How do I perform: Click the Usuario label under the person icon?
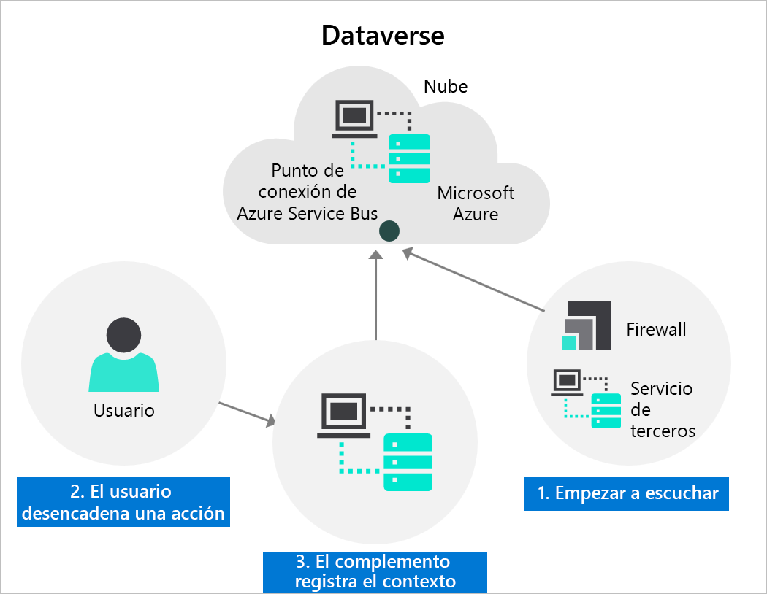click(x=124, y=410)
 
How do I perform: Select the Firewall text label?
click(x=656, y=329)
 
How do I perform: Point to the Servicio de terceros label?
click(x=662, y=409)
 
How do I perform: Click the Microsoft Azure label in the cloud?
click(x=476, y=204)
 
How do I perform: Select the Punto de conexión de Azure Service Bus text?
click(x=308, y=192)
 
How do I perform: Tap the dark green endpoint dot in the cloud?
click(x=389, y=232)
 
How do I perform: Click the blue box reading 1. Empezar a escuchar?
click(x=627, y=493)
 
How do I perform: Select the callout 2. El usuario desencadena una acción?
click(x=123, y=502)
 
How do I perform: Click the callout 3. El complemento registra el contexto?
click(x=375, y=571)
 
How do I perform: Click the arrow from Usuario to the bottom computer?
click(x=247, y=413)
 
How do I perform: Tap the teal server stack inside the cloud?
click(x=409, y=158)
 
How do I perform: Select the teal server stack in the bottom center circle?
click(x=408, y=462)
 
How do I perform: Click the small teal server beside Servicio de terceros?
click(x=606, y=410)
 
